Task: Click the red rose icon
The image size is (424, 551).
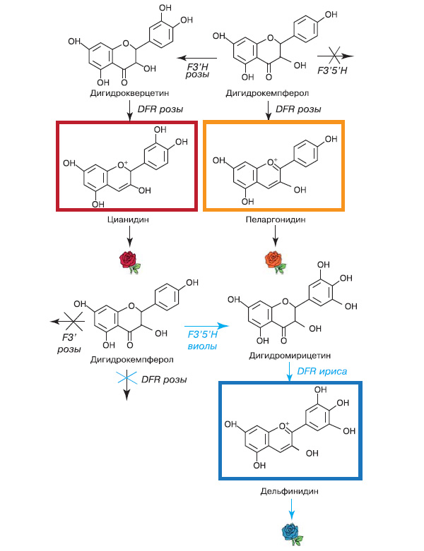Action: (x=129, y=260)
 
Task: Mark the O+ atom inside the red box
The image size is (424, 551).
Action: (x=124, y=166)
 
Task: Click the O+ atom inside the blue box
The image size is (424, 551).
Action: (x=285, y=426)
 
